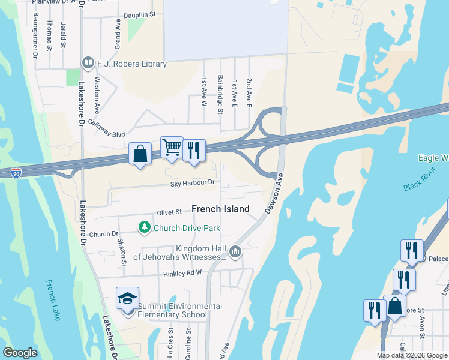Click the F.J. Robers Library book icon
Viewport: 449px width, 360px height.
click(88, 63)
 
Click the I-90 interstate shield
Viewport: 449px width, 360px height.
click(17, 172)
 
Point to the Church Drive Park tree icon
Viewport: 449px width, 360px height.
click(144, 227)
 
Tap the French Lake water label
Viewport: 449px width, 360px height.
click(53, 300)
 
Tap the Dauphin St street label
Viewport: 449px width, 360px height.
click(139, 13)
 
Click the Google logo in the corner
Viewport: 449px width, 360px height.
click(20, 353)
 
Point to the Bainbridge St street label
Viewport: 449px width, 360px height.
click(220, 95)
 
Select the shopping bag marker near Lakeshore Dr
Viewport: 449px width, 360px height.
click(140, 154)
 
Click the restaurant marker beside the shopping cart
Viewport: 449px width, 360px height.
click(193, 150)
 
